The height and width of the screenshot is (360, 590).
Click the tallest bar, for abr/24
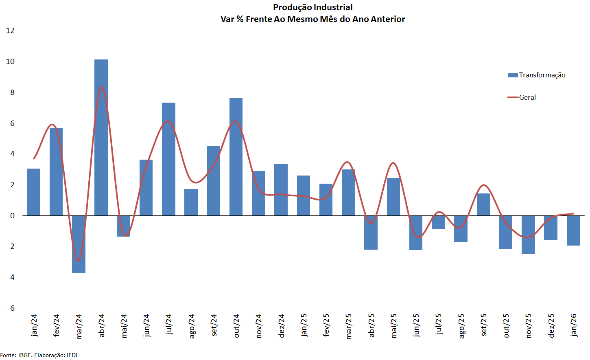tap(101, 137)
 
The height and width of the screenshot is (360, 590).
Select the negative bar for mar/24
tap(79, 244)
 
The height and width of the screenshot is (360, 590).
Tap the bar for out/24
tap(236, 157)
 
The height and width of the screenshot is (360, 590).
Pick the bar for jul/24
tap(168, 159)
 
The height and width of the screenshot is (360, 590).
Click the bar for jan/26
tap(573, 230)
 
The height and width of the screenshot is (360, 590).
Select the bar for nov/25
tap(528, 235)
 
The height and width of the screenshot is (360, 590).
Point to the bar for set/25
tap(483, 204)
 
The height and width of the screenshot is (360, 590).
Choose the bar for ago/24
tap(191, 202)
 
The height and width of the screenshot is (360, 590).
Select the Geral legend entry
tap(527, 97)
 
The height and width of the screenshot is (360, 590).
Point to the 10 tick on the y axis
tap(10, 61)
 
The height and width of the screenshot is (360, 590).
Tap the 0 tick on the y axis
tap(12, 216)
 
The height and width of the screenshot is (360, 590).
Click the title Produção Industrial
tap(312, 7)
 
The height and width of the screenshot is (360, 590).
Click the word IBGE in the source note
tap(25, 355)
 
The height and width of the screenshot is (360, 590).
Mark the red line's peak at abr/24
tap(101, 87)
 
